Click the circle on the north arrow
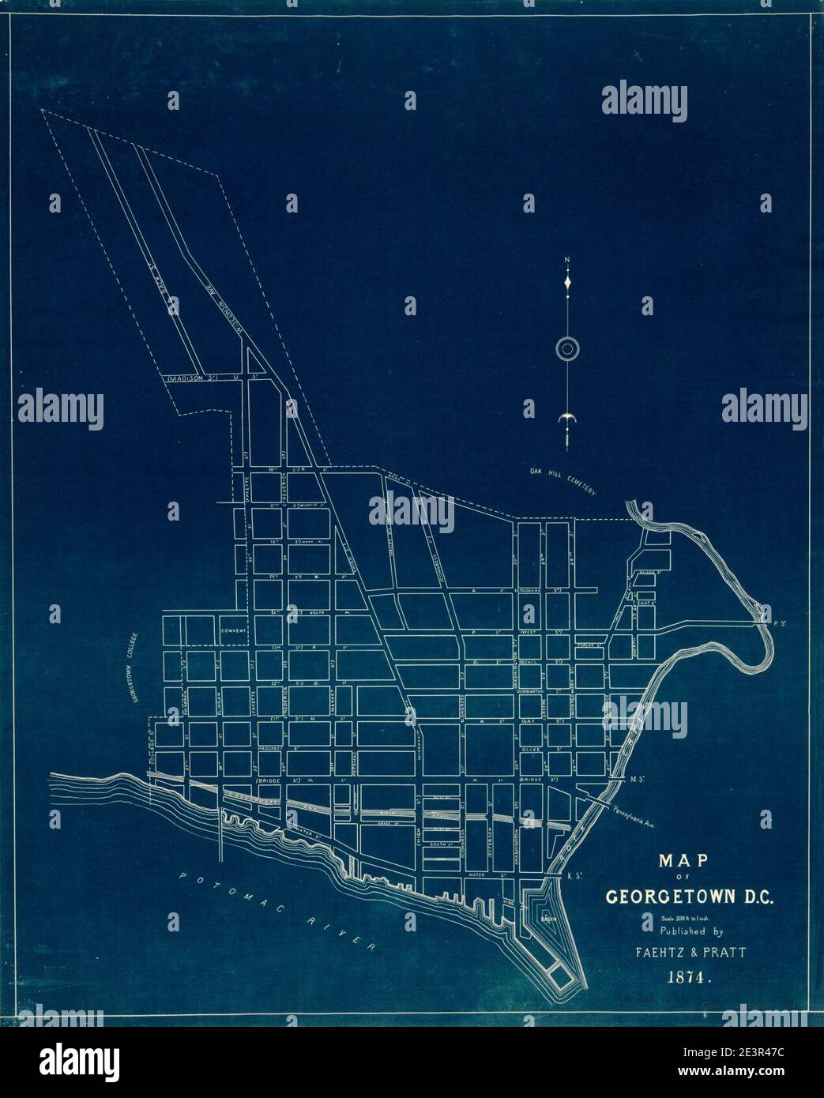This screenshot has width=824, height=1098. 568,348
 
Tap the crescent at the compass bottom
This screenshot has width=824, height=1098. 567,419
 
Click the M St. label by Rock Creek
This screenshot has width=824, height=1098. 638,780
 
